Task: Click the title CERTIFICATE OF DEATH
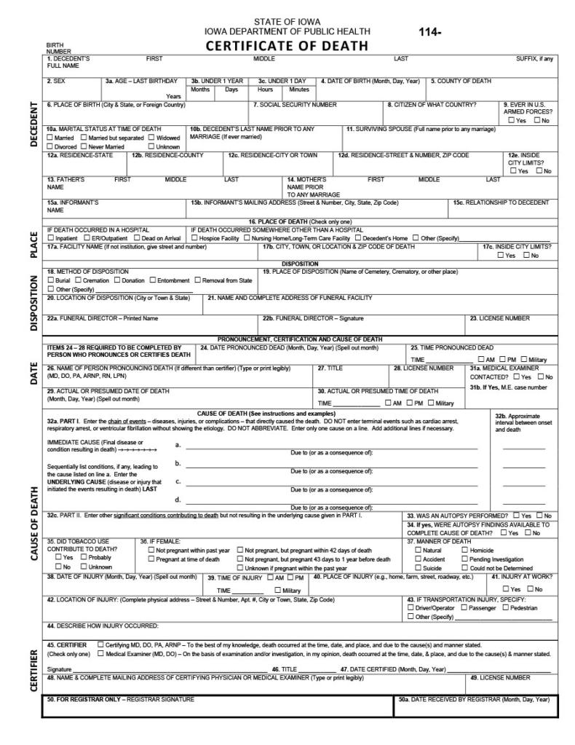coord(287,46)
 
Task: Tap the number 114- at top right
coord(430,32)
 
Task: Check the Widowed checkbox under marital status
coord(151,138)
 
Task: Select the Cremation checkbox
coord(77,280)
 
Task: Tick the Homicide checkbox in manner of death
coord(464,551)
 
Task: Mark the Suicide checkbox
coord(418,568)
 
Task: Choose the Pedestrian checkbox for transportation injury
coord(504,607)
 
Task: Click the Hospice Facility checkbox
coord(195,238)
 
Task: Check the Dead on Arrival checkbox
coord(136,238)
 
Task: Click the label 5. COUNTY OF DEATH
coord(461,81)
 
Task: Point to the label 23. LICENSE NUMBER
coord(499,318)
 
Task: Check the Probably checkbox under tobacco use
coord(84,557)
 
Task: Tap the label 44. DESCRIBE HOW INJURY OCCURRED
coord(102,626)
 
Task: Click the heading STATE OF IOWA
coord(287,21)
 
